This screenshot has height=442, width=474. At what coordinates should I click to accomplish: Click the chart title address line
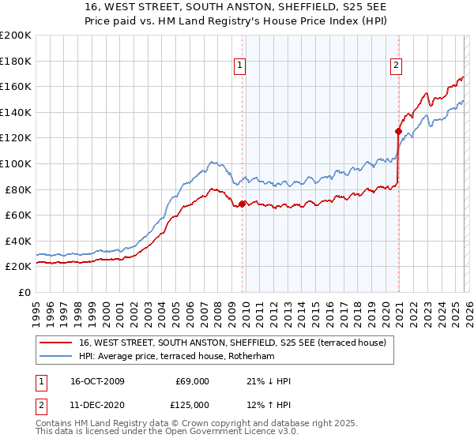(x=237, y=7)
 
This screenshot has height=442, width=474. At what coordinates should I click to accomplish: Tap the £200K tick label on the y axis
(x=16, y=36)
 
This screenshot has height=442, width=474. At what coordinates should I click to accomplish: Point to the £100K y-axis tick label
(x=16, y=163)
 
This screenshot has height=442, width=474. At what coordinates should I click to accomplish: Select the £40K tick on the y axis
(x=19, y=241)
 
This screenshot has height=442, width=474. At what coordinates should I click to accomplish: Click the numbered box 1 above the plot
(x=240, y=66)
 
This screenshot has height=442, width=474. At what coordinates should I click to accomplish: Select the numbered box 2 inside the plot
(x=396, y=66)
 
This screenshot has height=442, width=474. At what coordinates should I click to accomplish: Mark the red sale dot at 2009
(x=242, y=204)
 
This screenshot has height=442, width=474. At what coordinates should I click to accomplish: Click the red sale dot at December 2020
(x=398, y=131)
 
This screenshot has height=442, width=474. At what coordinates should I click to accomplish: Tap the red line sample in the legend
(x=55, y=343)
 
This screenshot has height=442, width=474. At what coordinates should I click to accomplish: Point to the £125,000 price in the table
(x=192, y=404)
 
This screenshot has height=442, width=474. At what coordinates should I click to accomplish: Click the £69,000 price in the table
(x=192, y=381)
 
